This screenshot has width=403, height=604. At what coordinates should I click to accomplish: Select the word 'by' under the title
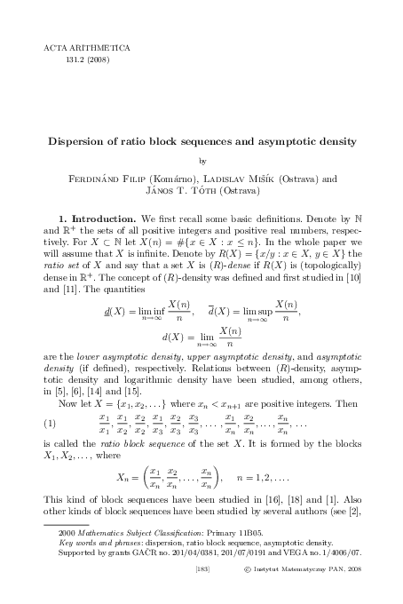[x=201, y=161]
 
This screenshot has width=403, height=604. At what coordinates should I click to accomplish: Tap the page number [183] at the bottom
[x=201, y=577]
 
